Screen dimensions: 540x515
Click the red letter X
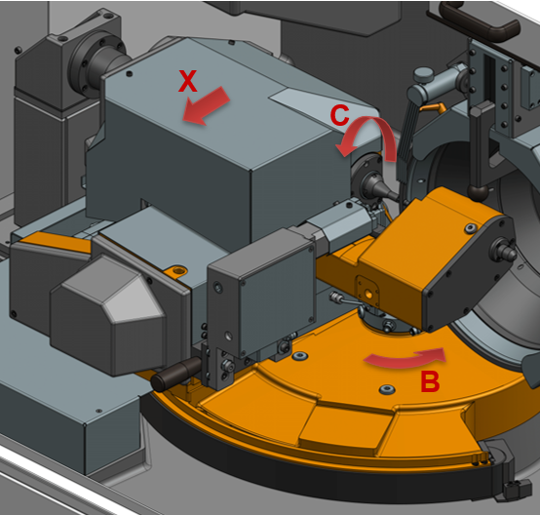[188, 81]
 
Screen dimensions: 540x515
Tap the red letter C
[339, 115]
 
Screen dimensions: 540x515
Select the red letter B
[430, 381]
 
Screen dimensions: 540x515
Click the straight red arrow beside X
[206, 105]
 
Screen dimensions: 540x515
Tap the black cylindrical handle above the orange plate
[176, 374]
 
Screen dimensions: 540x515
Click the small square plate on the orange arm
[367, 293]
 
